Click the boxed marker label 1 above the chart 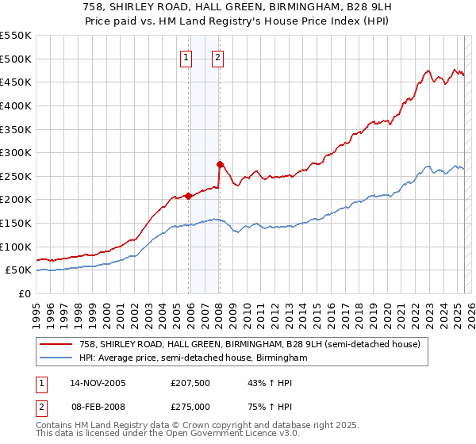pyautogui.click(x=185, y=56)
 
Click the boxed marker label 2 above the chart pyautogui.click(x=217, y=56)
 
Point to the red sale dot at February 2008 pyautogui.click(x=220, y=164)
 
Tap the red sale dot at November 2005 pyautogui.click(x=189, y=196)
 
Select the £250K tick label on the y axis pyautogui.click(x=16, y=176)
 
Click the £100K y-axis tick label pyautogui.click(x=16, y=247)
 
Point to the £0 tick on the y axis pyautogui.click(x=24, y=293)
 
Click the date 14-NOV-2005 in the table pyautogui.click(x=97, y=384)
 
